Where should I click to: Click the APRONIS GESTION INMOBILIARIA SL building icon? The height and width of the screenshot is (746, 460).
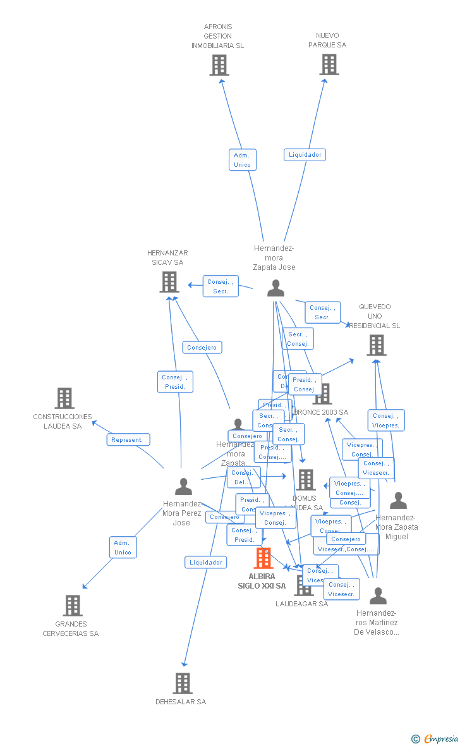(219, 65)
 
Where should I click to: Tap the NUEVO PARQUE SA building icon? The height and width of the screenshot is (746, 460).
(329, 64)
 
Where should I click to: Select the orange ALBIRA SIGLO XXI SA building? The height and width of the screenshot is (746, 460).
(263, 558)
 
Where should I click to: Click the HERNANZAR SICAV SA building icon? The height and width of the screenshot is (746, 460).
(169, 282)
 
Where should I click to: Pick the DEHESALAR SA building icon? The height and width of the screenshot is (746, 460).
(183, 683)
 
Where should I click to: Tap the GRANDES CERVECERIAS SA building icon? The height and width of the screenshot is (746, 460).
(73, 605)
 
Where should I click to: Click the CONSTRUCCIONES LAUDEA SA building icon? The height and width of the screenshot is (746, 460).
(64, 398)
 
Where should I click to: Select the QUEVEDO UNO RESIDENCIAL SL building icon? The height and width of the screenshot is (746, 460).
(377, 345)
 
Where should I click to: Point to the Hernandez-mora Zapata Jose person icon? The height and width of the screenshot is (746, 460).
(275, 288)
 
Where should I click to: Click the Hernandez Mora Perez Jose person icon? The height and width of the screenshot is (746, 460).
(183, 487)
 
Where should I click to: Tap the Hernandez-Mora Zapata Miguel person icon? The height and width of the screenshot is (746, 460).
(398, 501)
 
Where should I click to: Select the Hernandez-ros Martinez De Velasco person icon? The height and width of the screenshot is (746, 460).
(378, 596)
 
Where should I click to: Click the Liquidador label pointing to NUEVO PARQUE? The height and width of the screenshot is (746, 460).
(305, 155)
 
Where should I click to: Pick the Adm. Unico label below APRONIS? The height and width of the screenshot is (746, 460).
(242, 160)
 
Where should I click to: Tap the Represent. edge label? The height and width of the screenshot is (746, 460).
(128, 439)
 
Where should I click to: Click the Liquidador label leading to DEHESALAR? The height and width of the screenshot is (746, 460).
(206, 562)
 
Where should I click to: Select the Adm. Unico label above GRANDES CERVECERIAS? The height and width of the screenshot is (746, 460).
(123, 547)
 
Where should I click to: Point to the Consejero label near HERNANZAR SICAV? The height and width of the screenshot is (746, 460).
(202, 347)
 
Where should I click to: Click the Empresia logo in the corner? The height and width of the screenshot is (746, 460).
(436, 738)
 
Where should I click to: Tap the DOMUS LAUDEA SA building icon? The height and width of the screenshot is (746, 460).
(306, 480)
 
